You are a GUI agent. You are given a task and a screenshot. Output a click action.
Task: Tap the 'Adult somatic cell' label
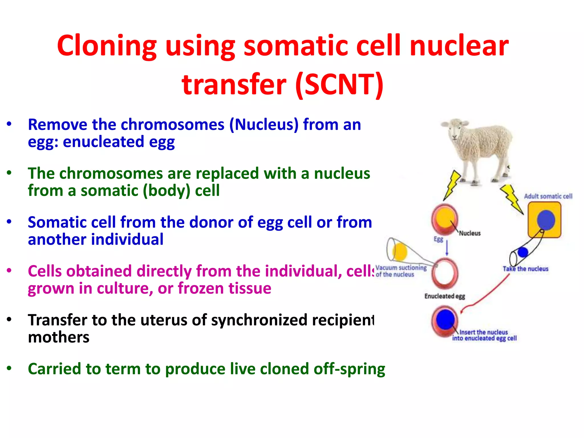pyautogui.click(x=548, y=196)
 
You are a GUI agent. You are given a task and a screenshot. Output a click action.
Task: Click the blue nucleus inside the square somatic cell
pyautogui.click(x=546, y=220)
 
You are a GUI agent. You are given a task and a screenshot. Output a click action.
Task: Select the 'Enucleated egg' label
pyautogui.click(x=445, y=296)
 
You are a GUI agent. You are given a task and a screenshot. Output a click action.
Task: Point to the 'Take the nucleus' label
pyautogui.click(x=525, y=269)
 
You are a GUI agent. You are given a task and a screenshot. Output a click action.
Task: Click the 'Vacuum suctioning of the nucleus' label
pyautogui.click(x=401, y=271)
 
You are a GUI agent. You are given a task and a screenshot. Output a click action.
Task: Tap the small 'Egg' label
pyautogui.click(x=438, y=239)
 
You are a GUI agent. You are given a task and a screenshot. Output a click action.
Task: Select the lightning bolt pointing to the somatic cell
pyautogui.click(x=512, y=199)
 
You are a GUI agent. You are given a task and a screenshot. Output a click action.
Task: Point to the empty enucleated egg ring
pyautogui.click(x=445, y=273)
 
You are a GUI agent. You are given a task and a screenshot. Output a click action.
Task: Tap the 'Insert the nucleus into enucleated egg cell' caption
pyautogui.click(x=484, y=335)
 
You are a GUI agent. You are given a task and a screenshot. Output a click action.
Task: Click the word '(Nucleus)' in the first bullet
pyautogui.click(x=264, y=125)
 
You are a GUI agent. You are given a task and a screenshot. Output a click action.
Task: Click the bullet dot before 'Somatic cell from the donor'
pyautogui.click(x=9, y=222)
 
